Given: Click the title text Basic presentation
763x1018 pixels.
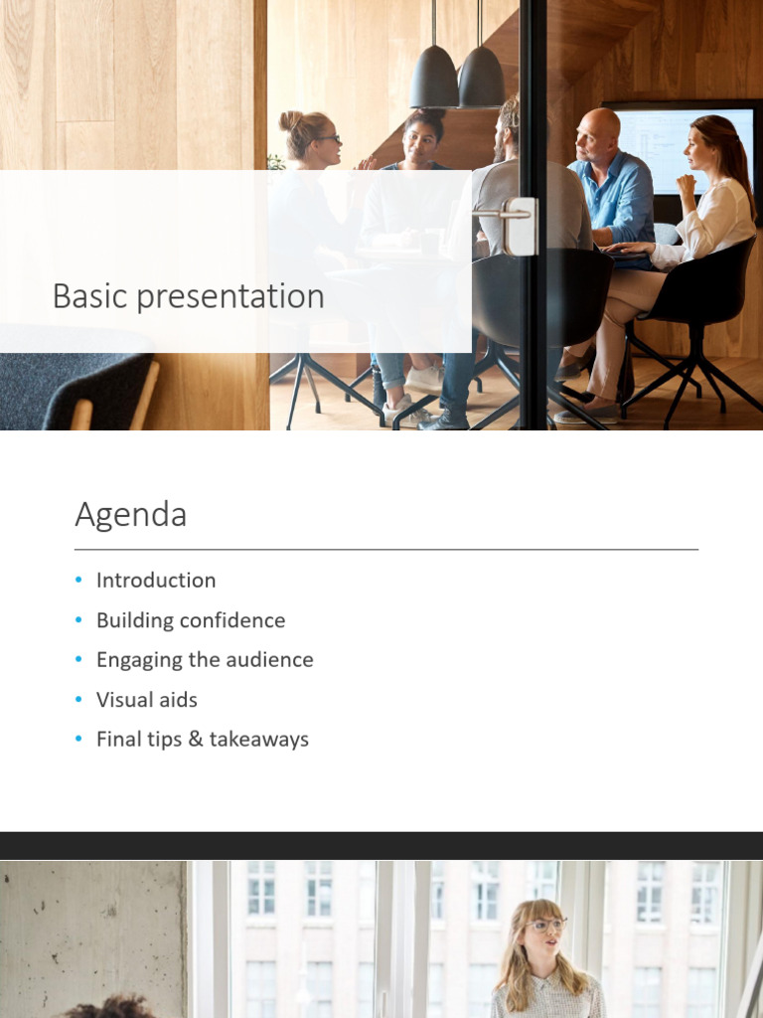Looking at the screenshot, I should click(x=188, y=296).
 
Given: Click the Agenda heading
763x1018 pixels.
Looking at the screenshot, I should click(x=130, y=515).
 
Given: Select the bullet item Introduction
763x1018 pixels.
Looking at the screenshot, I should click(x=155, y=581).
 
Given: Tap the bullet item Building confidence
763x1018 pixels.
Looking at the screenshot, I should click(x=190, y=620).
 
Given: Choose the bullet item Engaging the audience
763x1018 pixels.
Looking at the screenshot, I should click(x=204, y=660).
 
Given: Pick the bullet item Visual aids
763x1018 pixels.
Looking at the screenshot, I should click(x=146, y=700).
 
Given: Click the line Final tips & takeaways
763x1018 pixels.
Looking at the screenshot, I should click(x=202, y=740).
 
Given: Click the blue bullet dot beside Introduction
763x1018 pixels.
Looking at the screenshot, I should click(x=78, y=581).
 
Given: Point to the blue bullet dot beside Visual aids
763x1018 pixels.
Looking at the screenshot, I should click(x=78, y=700).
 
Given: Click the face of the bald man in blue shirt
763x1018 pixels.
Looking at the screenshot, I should click(x=595, y=138).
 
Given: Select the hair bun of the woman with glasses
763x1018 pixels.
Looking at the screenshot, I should click(x=290, y=120).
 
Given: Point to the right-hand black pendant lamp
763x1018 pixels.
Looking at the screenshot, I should click(x=481, y=80).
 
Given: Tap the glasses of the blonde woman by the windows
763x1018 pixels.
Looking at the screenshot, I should click(x=545, y=926).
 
